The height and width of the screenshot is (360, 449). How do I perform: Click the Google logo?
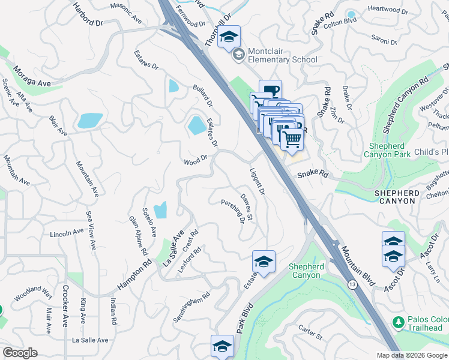tap(20, 353)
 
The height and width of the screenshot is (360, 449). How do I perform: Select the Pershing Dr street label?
tap(233, 211)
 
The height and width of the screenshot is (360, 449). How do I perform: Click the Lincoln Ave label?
tap(67, 233)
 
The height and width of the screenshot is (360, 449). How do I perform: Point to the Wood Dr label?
tap(195, 161)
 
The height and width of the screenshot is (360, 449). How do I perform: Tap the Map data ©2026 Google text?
tap(411, 355)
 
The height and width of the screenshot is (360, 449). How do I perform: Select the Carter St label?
tap(310, 331)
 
